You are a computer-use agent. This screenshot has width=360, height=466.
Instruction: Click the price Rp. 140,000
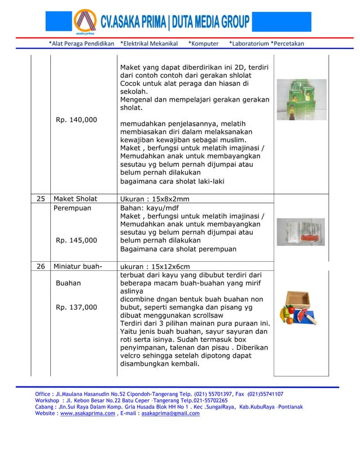tap(76, 120)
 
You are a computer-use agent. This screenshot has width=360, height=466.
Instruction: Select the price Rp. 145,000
tap(76, 240)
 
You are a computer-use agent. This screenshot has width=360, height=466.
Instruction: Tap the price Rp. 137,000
tap(76, 307)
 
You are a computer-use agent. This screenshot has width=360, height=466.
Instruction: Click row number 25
tap(40, 199)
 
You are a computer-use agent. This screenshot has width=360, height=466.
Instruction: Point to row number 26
tap(40, 266)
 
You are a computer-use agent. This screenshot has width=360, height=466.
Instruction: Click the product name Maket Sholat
tap(75, 199)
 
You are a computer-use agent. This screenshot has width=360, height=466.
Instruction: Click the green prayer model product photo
tap(301, 99)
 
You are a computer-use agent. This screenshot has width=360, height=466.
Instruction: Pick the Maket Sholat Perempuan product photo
tap(301, 232)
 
